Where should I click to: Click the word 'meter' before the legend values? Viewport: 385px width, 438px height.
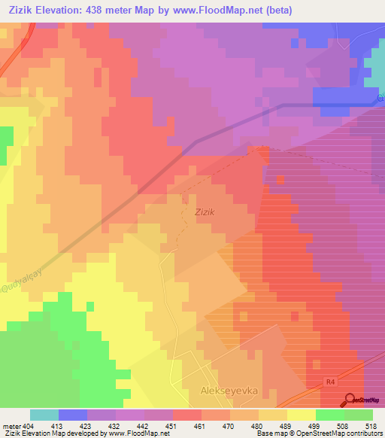[x=12, y=425]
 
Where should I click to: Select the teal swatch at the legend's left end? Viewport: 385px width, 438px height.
[x=44, y=415]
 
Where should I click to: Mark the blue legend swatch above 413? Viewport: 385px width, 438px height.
[x=73, y=415]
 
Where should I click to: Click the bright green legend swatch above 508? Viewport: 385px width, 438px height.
[x=330, y=415]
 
